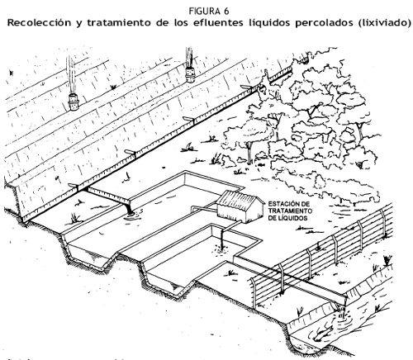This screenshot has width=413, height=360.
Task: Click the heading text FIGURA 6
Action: point(209,12)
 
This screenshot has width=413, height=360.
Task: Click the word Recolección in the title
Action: point(39,22)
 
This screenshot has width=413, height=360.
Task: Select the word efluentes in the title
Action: point(218,22)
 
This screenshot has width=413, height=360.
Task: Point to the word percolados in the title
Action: point(324,22)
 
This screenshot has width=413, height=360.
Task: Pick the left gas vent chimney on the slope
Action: point(74,102)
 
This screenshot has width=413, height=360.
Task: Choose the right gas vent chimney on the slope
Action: point(190,74)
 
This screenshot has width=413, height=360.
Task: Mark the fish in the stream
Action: point(325,330)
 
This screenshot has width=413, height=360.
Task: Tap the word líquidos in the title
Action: point(269,22)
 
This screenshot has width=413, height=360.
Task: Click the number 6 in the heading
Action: point(226,12)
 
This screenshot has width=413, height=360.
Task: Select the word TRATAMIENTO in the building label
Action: point(290,211)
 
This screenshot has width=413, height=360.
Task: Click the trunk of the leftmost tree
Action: point(249,153)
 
